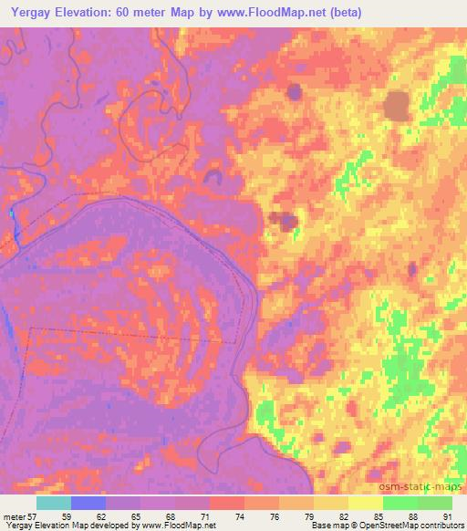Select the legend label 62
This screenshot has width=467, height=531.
click(112, 516)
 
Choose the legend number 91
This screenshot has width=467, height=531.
click(445, 516)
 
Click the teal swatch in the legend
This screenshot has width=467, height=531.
click(54, 503)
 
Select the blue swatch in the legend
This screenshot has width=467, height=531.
click(88, 503)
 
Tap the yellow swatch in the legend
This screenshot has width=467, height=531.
click(365, 503)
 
